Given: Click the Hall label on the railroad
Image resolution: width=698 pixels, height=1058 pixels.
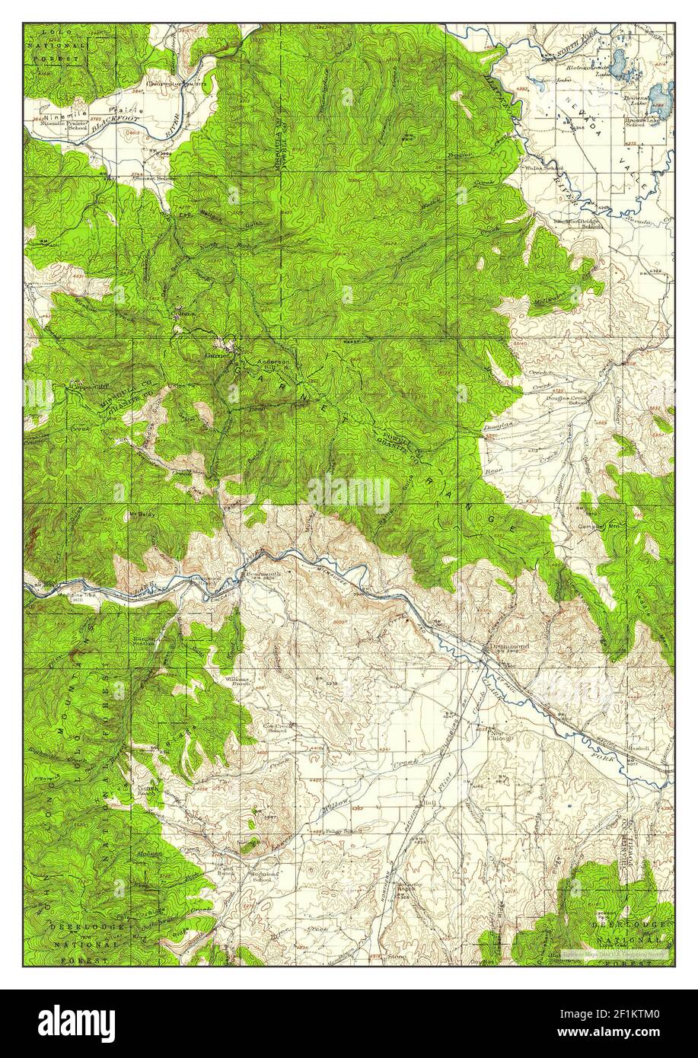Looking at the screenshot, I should coord(428,801).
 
